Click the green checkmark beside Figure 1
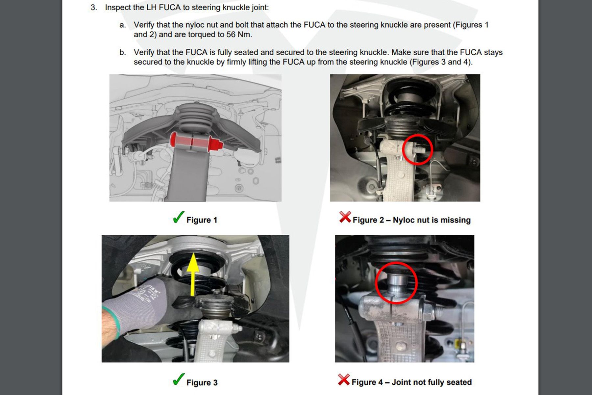(178, 217)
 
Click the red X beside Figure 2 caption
(345, 217)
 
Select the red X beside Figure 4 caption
(344, 380)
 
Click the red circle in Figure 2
(417, 149)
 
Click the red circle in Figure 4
(396, 283)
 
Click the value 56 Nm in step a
(238, 35)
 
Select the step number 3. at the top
(94, 8)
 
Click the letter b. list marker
(123, 52)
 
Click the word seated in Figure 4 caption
(459, 382)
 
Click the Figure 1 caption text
(202, 220)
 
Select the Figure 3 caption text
(202, 382)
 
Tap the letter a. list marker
(123, 25)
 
